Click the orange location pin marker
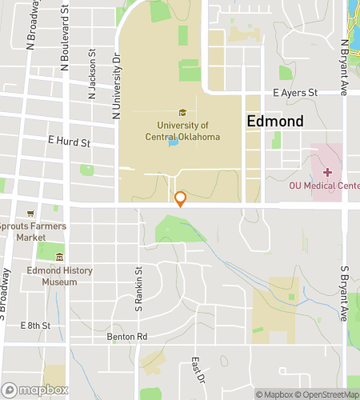pyautogui.click(x=181, y=198)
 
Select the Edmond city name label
pyautogui.click(x=274, y=122)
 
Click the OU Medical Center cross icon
pyautogui.click(x=326, y=172)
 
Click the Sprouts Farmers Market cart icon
pyautogui.click(x=31, y=214)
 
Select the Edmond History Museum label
pyautogui.click(x=59, y=277)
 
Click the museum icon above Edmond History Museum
pyautogui.click(x=59, y=257)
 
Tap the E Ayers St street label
pyautogui.click(x=295, y=93)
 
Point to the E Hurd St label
pyautogui.click(x=69, y=142)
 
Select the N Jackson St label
pyautogui.click(x=93, y=74)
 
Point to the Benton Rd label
pyautogui.click(x=127, y=337)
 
